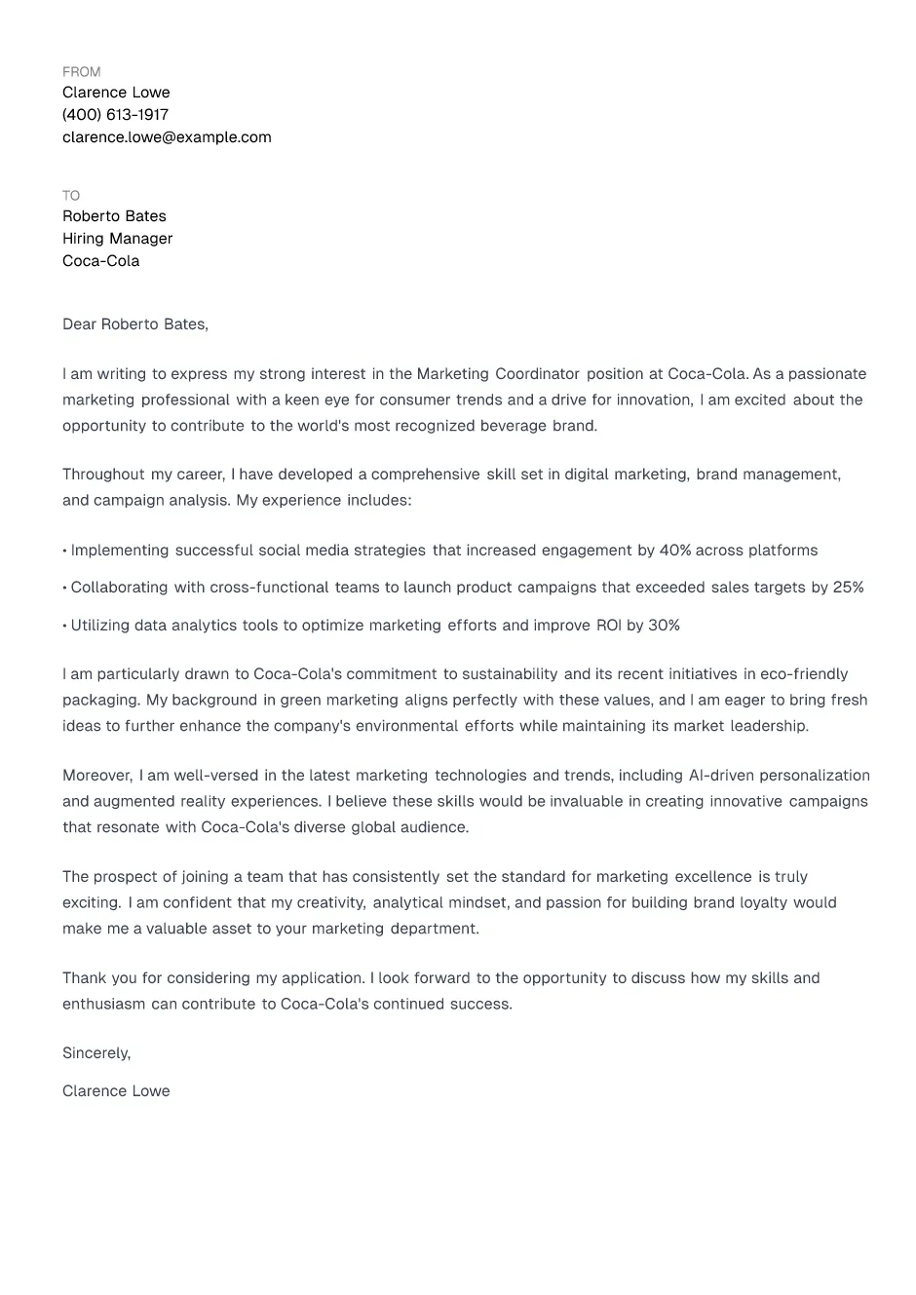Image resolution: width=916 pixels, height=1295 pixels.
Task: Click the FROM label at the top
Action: pyautogui.click(x=81, y=72)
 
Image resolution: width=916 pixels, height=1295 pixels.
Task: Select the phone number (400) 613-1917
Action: pyautogui.click(x=115, y=115)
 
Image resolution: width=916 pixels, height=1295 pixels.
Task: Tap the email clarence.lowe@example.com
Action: pyautogui.click(x=167, y=137)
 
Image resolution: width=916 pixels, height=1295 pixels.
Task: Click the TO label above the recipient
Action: pyautogui.click(x=71, y=196)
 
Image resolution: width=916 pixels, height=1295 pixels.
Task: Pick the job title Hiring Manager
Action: pyautogui.click(x=117, y=239)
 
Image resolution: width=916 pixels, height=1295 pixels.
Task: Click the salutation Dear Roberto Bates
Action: pyautogui.click(x=134, y=324)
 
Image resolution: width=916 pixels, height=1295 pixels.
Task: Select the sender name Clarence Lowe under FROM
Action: pyautogui.click(x=116, y=93)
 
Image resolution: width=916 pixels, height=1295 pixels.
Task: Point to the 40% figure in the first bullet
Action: pyautogui.click(x=675, y=551)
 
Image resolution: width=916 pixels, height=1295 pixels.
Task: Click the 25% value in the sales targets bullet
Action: pyautogui.click(x=848, y=588)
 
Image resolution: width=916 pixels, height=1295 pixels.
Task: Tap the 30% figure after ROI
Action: pyautogui.click(x=664, y=626)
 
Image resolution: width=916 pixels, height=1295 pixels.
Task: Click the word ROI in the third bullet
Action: pyautogui.click(x=608, y=626)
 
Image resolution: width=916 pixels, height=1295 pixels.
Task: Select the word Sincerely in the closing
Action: pyautogui.click(x=95, y=1053)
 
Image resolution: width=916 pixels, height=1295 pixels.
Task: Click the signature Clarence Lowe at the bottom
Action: pyautogui.click(x=116, y=1091)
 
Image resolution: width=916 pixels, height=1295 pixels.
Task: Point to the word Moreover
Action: pyautogui.click(x=97, y=776)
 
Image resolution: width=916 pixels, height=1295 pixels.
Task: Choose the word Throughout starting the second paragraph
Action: pyautogui.click(x=103, y=475)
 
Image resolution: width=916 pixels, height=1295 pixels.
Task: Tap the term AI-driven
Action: pyautogui.click(x=721, y=776)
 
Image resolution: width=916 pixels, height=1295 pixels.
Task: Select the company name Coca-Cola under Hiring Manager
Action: pyautogui.click(x=100, y=261)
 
